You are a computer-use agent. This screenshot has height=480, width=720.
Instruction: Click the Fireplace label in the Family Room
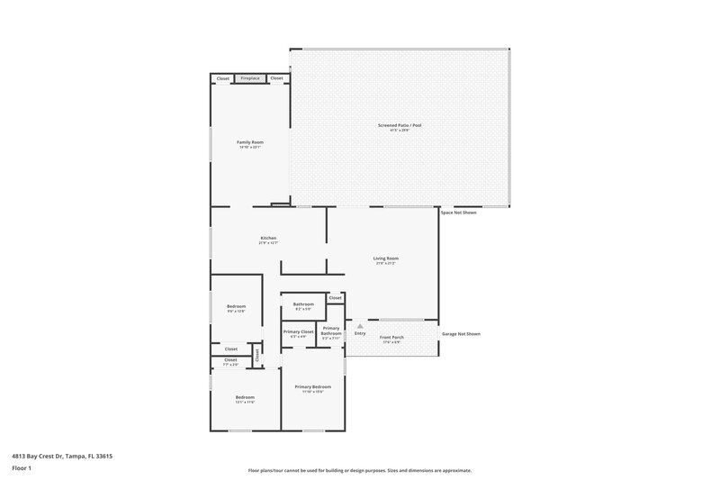pyautogui.click(x=249, y=78)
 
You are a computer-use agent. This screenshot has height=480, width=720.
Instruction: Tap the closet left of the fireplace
pyautogui.click(x=222, y=78)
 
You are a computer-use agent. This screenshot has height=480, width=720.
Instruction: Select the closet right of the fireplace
pyautogui.click(x=276, y=78)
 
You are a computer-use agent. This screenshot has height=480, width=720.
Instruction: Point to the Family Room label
pyautogui.click(x=249, y=142)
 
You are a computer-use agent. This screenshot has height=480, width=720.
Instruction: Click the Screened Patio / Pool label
pyautogui.click(x=399, y=125)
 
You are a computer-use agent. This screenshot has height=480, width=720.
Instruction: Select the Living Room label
pyautogui.click(x=386, y=258)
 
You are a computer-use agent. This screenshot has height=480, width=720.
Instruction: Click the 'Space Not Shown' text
pyautogui.click(x=458, y=213)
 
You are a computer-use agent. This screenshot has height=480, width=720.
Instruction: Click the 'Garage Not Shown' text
pyautogui.click(x=461, y=334)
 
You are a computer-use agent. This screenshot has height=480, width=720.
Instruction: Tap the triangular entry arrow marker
pyautogui.click(x=360, y=325)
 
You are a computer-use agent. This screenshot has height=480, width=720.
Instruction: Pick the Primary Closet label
pyautogui.click(x=298, y=332)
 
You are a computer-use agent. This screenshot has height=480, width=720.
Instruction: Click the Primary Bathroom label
pyautogui.click(x=331, y=331)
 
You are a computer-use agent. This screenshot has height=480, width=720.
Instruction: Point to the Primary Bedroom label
pyautogui.click(x=312, y=386)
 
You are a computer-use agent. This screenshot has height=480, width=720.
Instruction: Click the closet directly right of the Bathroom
pyautogui.click(x=335, y=298)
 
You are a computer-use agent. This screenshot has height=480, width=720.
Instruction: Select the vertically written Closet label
pyautogui.click(x=256, y=355)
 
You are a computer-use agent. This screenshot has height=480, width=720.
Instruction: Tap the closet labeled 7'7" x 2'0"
pyautogui.click(x=230, y=360)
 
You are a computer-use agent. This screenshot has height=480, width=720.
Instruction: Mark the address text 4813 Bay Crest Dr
pyautogui.click(x=62, y=456)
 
